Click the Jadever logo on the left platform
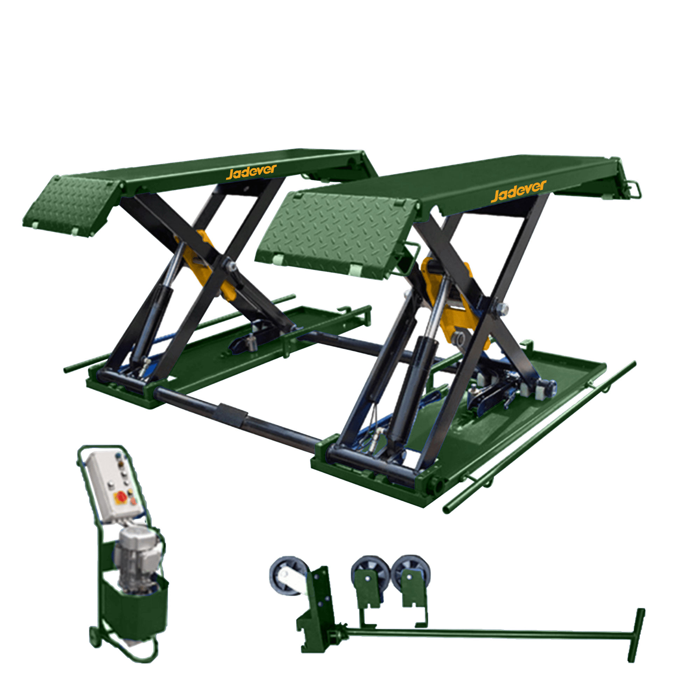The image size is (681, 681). [x=251, y=172]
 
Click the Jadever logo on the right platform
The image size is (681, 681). [x=519, y=191]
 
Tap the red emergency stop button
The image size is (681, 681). [x=121, y=497]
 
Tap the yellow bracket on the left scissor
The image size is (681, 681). [x=208, y=264]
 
